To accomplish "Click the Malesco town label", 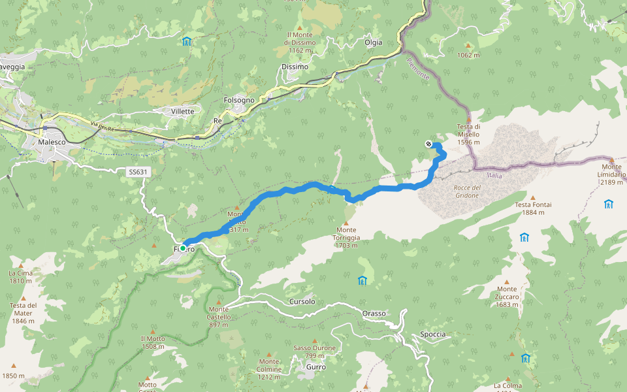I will [x=53, y=141].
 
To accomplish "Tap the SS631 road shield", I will [x=138, y=172].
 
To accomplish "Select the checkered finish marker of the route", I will [x=428, y=144].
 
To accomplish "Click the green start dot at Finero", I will [x=184, y=249].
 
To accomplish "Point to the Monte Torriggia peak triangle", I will [x=346, y=223].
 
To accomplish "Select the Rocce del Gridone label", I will [x=467, y=191].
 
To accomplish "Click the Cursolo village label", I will [x=302, y=302].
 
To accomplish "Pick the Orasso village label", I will [x=374, y=314].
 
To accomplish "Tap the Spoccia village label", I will [x=433, y=335].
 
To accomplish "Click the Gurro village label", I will [x=315, y=367].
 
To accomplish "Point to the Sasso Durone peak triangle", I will [x=315, y=341].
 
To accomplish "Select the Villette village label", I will [x=183, y=111].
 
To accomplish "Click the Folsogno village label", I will [x=239, y=100].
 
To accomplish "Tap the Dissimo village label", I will [x=294, y=67].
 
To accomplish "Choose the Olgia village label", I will [x=373, y=42].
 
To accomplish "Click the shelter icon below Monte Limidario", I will [x=609, y=204].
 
